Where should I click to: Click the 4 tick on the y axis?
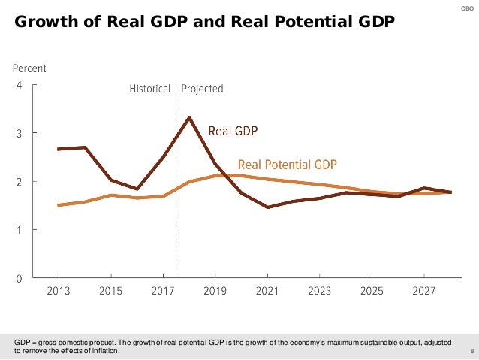[20, 85]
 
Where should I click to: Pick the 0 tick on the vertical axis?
[20, 278]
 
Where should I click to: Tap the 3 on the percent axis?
[20, 133]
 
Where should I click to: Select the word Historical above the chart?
[150, 89]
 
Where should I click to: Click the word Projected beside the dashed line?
[202, 89]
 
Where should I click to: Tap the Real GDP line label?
[233, 131]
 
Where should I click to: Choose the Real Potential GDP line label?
[288, 164]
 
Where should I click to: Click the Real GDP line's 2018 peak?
[189, 117]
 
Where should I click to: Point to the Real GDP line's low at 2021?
[267, 207]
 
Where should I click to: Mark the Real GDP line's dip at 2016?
[137, 189]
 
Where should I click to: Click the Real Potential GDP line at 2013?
[59, 204]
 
